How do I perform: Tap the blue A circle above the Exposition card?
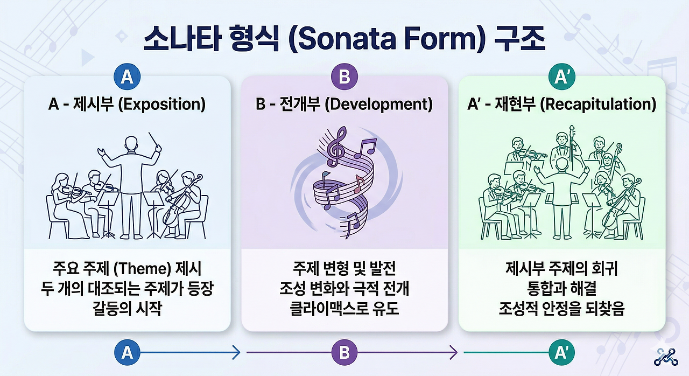point(127,76)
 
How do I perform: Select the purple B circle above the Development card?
point(344,76)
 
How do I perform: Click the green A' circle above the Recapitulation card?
point(561,76)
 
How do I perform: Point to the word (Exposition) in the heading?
point(162,105)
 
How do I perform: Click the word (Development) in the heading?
point(378,105)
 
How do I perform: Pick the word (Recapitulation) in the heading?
point(598,105)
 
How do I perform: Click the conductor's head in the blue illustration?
point(131,144)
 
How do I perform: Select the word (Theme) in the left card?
point(142,268)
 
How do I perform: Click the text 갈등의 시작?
point(127,308)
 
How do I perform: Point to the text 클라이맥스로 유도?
point(344,308)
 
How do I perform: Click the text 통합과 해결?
point(561,288)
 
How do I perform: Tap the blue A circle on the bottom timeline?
point(127,352)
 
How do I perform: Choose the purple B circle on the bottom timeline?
point(344,352)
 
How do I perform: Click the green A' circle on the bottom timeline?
point(561,352)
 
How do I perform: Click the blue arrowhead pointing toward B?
point(236,352)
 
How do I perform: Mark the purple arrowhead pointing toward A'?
point(454,352)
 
